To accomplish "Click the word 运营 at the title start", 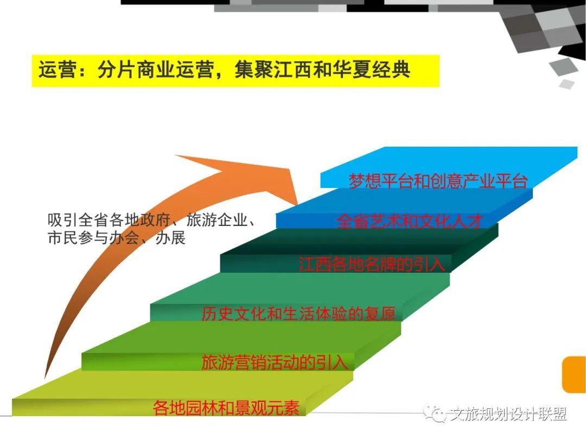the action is click(x=58, y=70).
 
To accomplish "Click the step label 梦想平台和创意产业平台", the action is click(x=438, y=181).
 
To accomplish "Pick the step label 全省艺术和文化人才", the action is click(x=410, y=222).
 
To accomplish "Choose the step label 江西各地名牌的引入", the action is click(x=372, y=264).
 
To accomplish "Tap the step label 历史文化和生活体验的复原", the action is click(x=298, y=313).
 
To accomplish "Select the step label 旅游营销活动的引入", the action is click(x=275, y=362).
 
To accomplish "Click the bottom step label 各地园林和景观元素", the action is click(x=226, y=407).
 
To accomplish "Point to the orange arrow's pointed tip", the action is click(x=297, y=204).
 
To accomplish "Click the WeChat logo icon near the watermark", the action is click(x=435, y=413).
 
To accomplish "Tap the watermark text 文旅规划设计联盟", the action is click(x=508, y=414).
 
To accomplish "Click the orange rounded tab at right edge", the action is click(x=575, y=374).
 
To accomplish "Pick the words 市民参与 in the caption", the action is click(x=78, y=237).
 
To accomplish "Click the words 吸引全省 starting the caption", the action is click(x=78, y=220).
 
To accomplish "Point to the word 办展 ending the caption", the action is click(x=170, y=237).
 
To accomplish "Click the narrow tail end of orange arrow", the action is click(x=45, y=376).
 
